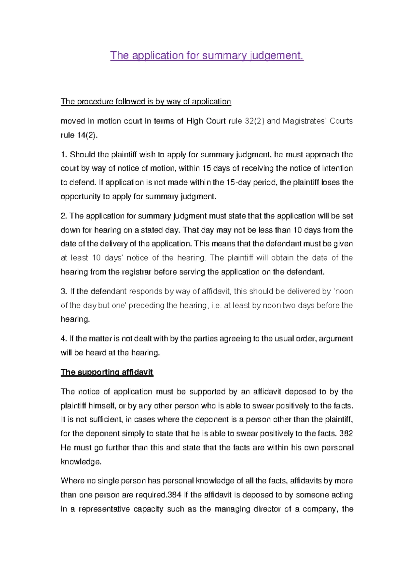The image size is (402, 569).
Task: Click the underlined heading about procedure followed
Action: point(146,101)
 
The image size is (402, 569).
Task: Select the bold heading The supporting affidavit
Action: point(107,372)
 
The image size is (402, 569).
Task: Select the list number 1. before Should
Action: point(64,155)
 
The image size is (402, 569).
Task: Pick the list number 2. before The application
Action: point(64,216)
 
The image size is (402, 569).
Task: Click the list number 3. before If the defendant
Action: point(64,291)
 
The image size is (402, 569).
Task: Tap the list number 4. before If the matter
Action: point(64,339)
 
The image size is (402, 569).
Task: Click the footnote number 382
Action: point(346,433)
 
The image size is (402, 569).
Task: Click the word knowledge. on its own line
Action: point(81,462)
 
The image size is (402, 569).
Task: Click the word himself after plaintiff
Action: point(102,406)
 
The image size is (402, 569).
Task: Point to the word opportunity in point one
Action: point(80,197)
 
